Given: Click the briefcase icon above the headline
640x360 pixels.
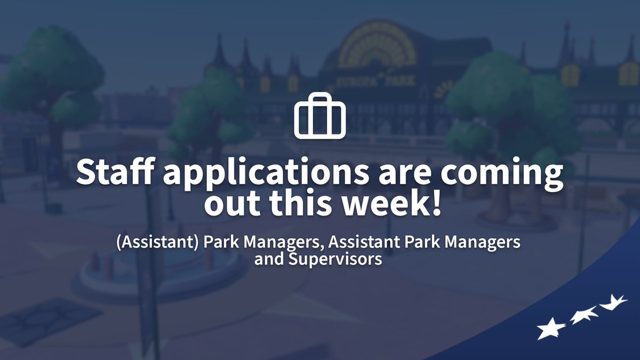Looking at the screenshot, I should (320, 115).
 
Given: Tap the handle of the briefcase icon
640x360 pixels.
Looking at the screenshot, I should (320, 98).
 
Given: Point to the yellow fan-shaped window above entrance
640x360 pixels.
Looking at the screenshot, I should (377, 45).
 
